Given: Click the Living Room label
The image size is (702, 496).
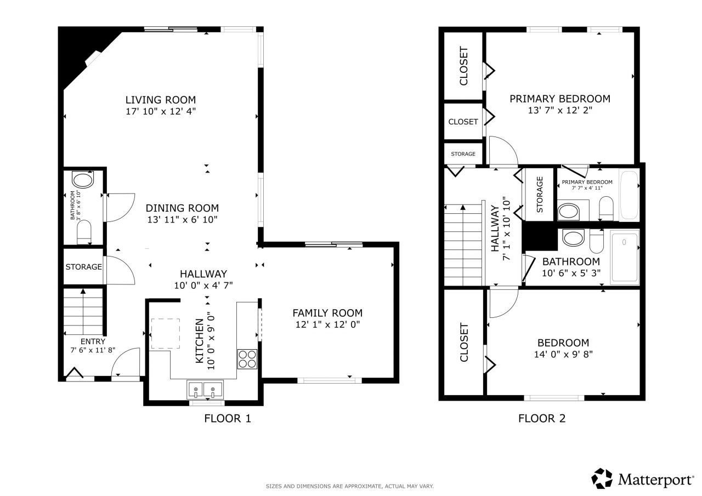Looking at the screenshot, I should [x=160, y=100].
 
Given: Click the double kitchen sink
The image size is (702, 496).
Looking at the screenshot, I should [x=205, y=390].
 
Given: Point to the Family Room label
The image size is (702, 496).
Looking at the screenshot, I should [x=327, y=313].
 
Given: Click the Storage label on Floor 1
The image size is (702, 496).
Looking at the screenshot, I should [x=83, y=267].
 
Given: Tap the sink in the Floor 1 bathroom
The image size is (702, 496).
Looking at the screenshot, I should [x=83, y=181].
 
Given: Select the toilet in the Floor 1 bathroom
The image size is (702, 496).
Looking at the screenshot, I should [x=84, y=235].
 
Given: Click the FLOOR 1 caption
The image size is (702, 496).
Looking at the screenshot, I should [x=227, y=419].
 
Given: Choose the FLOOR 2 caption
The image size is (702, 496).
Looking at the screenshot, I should [x=541, y=419].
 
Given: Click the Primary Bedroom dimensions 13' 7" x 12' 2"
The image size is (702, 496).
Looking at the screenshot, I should [x=559, y=110].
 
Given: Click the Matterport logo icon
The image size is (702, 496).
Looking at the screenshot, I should [x=602, y=478].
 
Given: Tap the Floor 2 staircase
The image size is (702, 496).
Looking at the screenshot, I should [x=463, y=244].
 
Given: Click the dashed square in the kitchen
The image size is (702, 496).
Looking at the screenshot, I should [x=165, y=333].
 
